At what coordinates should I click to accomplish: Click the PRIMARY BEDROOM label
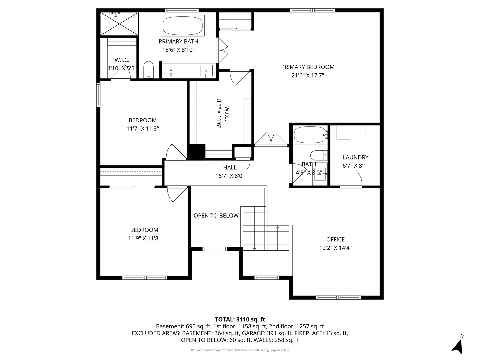[307, 67]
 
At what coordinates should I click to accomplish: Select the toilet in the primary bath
[148, 69]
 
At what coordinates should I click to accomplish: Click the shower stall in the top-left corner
[119, 24]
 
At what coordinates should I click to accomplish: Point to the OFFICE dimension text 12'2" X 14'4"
[335, 248]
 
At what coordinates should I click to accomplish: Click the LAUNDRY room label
[355, 157]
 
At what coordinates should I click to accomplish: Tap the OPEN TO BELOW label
[216, 216]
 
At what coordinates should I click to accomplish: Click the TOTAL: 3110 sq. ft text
[240, 319]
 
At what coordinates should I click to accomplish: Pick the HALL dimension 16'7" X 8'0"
[230, 176]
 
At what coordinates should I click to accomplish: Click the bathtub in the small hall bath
[310, 135]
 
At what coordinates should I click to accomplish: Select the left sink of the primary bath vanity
[171, 71]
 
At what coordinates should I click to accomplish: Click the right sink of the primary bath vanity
[206, 71]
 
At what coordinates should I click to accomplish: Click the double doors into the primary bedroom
[271, 140]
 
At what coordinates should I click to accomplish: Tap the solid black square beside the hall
[196, 152]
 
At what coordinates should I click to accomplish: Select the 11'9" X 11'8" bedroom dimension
[144, 238]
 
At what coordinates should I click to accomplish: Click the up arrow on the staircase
[277, 227]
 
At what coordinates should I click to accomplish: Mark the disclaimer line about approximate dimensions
[240, 350]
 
